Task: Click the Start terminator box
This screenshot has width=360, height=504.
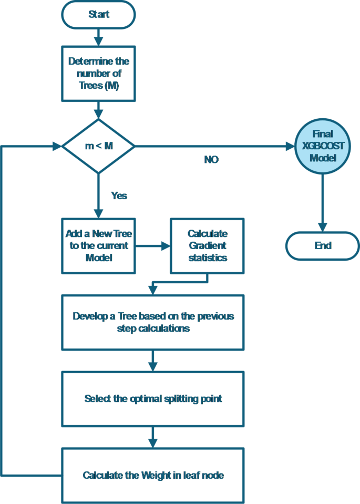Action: tap(98, 14)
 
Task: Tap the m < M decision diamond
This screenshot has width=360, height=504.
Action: tap(98, 146)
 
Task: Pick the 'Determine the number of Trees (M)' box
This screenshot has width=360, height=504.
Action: tap(98, 74)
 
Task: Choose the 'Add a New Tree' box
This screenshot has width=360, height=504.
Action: tap(98, 245)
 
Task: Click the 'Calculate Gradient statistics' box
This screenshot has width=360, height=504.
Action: tap(207, 245)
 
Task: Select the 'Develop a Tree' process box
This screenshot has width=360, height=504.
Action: tap(153, 322)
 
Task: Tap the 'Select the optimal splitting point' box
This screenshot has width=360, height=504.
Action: tap(153, 399)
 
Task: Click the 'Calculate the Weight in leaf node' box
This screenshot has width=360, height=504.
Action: tap(153, 475)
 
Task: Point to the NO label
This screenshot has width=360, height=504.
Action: tap(211, 160)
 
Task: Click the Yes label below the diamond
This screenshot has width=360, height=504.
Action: tap(119, 195)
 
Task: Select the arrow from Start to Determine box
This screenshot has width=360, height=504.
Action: tap(98, 36)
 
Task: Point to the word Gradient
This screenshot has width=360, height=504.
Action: tap(207, 245)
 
